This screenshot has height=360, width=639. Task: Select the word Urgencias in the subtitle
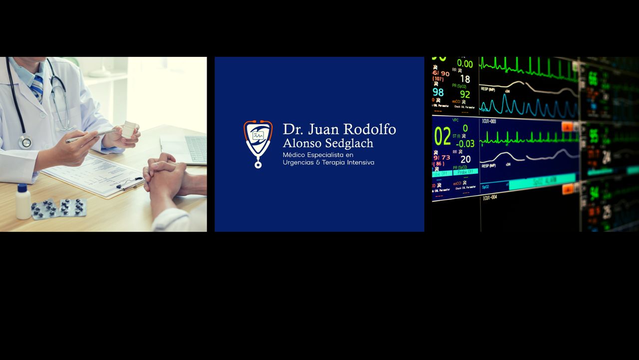tap(298, 163)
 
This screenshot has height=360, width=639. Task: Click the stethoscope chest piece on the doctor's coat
tap(25, 142)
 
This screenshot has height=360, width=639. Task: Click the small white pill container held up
tap(128, 129)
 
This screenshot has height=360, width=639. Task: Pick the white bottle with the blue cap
tap(22, 202)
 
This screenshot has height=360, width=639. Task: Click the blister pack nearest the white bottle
tap(44, 209)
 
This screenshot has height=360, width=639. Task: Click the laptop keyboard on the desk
tap(196, 148)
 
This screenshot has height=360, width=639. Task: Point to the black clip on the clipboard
tap(130, 185)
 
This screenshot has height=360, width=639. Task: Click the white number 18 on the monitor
tap(465, 79)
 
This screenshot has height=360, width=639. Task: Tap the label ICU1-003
tap(489, 121)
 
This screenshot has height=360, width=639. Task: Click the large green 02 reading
tap(442, 136)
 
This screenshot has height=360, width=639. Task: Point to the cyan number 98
tap(438, 92)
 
